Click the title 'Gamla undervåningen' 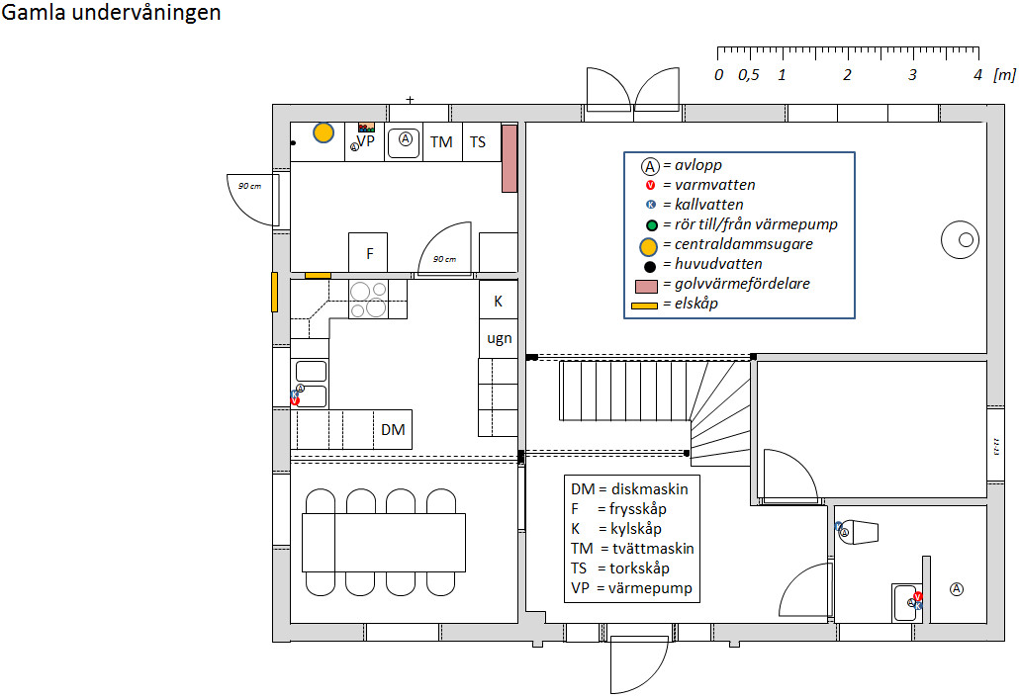tap(112, 14)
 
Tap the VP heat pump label tap(366, 141)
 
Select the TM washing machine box tap(441, 141)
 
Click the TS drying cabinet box tap(478, 141)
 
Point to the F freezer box tap(369, 253)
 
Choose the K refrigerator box tap(499, 301)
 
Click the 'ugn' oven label tap(499, 338)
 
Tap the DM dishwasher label tap(393, 430)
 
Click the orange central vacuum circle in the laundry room tap(324, 131)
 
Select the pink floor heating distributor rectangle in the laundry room tap(509, 158)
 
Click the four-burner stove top tap(368, 299)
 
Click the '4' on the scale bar tap(977, 75)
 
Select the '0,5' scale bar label tap(749, 75)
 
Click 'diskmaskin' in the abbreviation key tap(651, 488)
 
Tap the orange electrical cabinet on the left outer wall tap(275, 293)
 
